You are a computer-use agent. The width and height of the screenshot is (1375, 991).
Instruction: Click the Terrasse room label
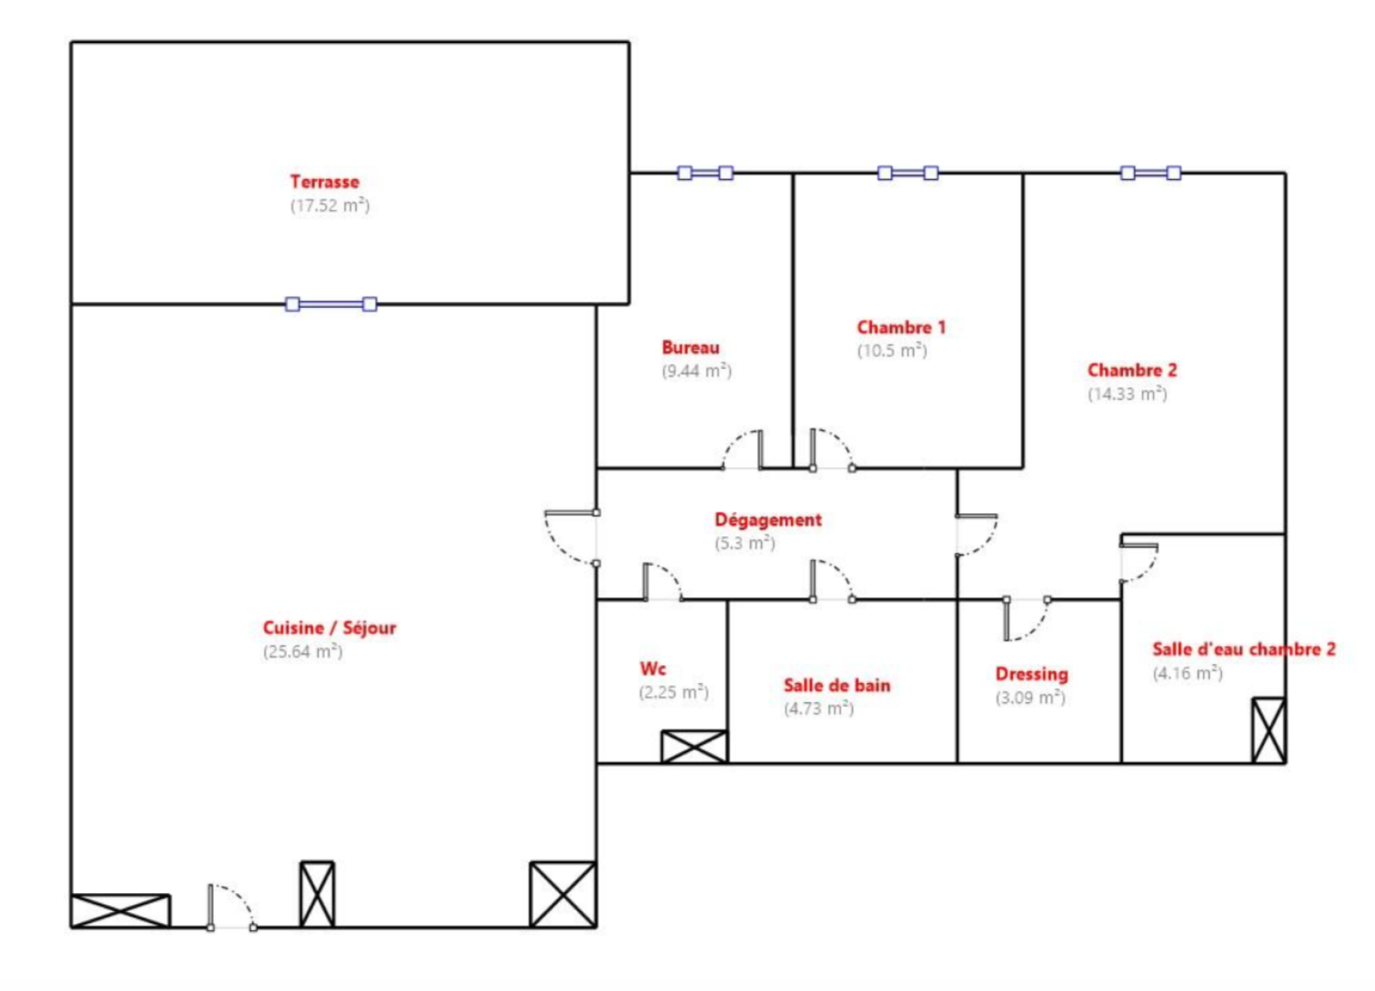pyautogui.click(x=324, y=181)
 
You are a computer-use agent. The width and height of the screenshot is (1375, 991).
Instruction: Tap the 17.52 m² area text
pyautogui.click(x=330, y=205)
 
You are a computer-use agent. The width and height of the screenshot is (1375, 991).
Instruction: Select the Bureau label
pyautogui.click(x=691, y=347)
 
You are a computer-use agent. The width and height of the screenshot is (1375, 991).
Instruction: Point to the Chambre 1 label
pyautogui.click(x=901, y=327)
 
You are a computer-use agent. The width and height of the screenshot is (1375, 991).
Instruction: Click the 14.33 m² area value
pyautogui.click(x=1127, y=394)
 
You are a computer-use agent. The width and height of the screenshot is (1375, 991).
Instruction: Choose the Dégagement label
pyautogui.click(x=768, y=520)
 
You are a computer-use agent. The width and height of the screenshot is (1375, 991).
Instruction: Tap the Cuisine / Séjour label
pyautogui.click(x=330, y=628)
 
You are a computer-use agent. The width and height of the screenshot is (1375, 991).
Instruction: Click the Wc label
pyautogui.click(x=652, y=669)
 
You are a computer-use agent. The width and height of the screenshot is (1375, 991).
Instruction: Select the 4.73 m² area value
pyautogui.click(x=819, y=708)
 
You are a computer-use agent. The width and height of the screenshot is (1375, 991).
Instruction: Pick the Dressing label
pyautogui.click(x=1032, y=674)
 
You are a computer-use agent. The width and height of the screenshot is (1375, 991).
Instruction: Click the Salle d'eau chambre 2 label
pyautogui.click(x=1244, y=649)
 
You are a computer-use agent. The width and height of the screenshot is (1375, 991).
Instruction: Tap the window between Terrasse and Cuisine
pyautogui.click(x=331, y=304)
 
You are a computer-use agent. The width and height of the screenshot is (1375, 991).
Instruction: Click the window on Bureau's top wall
pyautogui.click(x=705, y=173)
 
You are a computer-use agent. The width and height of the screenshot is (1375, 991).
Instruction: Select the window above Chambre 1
pyautogui.click(x=907, y=173)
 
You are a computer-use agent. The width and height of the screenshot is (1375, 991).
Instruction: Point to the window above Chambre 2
pyautogui.click(x=1151, y=173)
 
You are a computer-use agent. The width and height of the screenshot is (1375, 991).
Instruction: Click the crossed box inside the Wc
pyautogui.click(x=694, y=747)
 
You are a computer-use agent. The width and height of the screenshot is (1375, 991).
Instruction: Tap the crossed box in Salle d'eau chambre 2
pyautogui.click(x=1268, y=731)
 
